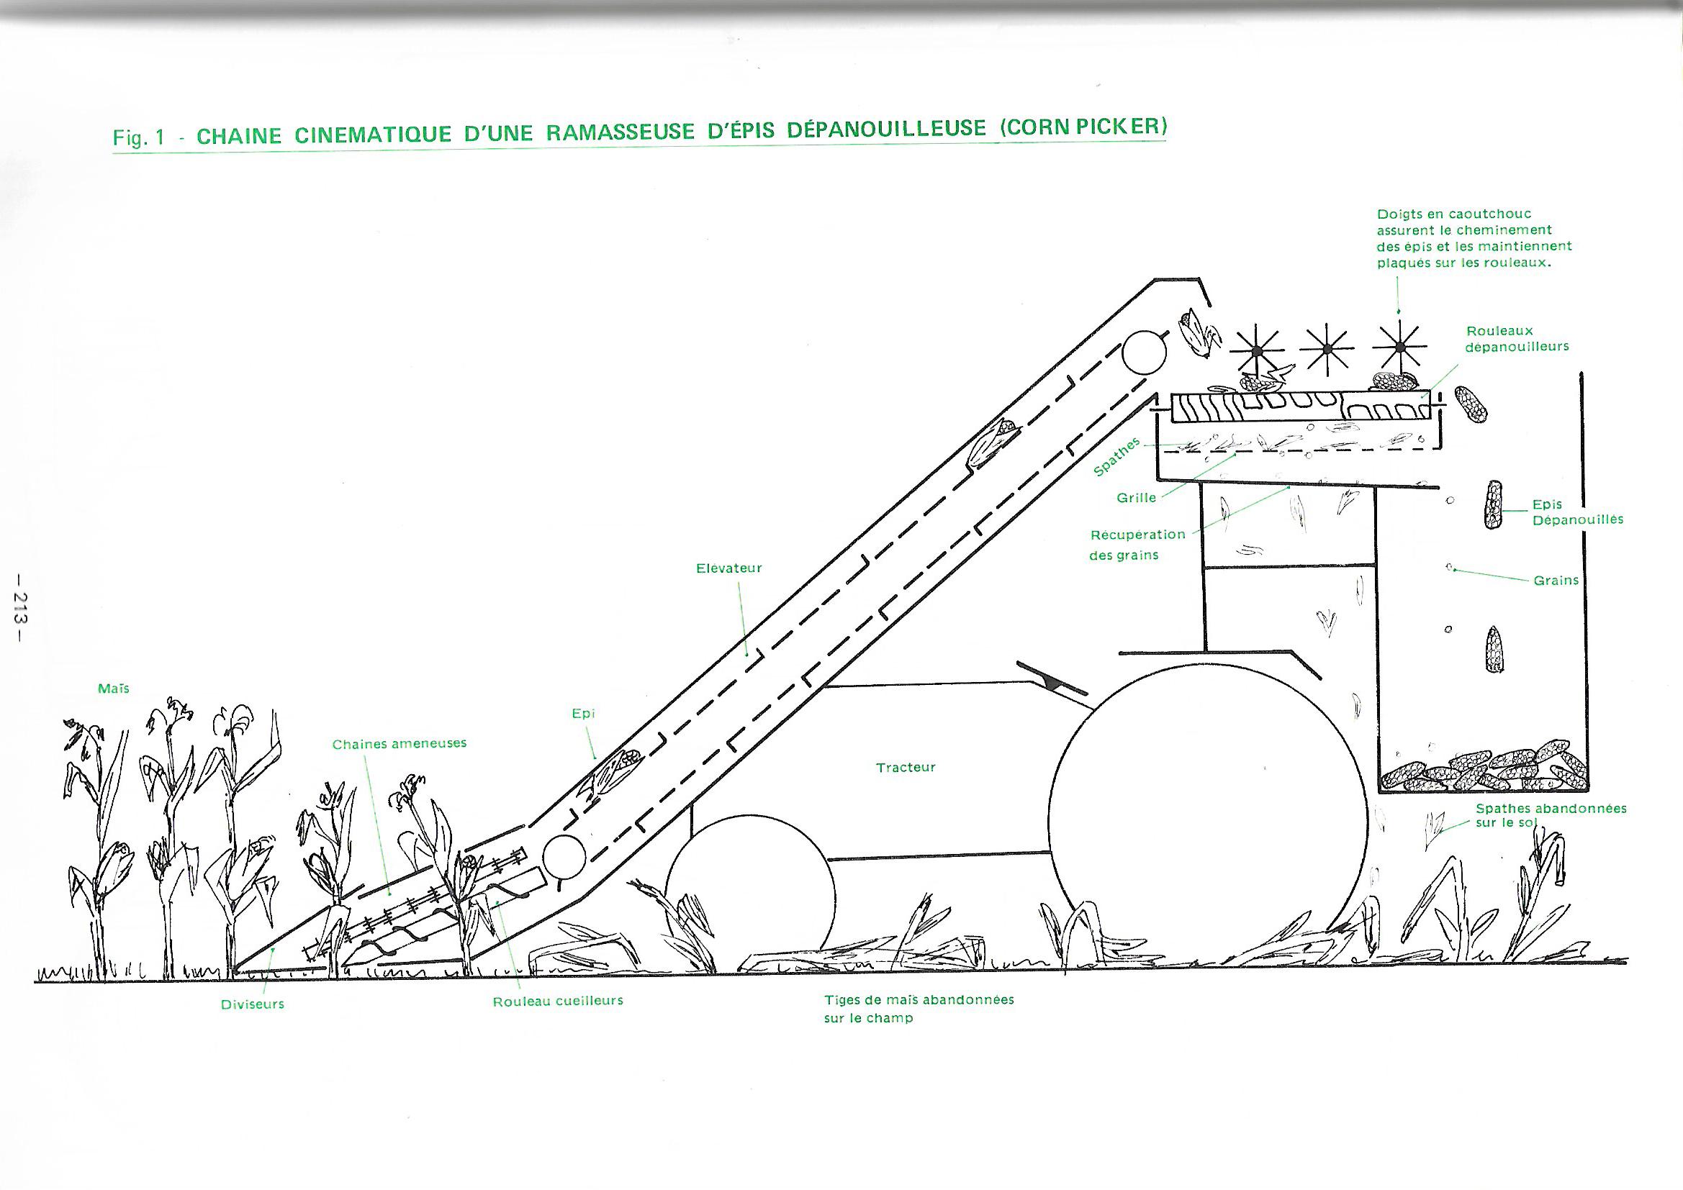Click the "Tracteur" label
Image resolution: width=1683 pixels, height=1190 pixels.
pyautogui.click(x=906, y=768)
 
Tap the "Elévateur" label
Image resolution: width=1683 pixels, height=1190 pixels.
pyautogui.click(x=728, y=568)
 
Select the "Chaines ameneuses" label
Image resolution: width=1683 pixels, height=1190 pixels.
pyautogui.click(x=400, y=744)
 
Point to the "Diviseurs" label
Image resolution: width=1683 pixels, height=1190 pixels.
pyautogui.click(x=252, y=1004)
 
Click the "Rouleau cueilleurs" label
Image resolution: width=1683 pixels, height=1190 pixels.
pyautogui.click(x=558, y=1001)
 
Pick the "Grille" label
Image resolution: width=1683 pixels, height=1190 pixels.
pyautogui.click(x=1136, y=498)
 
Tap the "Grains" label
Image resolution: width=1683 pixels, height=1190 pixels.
pyautogui.click(x=1556, y=581)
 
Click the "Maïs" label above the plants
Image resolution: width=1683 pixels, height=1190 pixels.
pyautogui.click(x=114, y=689)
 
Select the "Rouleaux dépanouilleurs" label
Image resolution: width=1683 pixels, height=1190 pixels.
pyautogui.click(x=1517, y=339)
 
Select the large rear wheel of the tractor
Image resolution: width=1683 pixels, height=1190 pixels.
pyautogui.click(x=1209, y=819)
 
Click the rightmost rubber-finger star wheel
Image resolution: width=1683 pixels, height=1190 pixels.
pyautogui.click(x=1399, y=346)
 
